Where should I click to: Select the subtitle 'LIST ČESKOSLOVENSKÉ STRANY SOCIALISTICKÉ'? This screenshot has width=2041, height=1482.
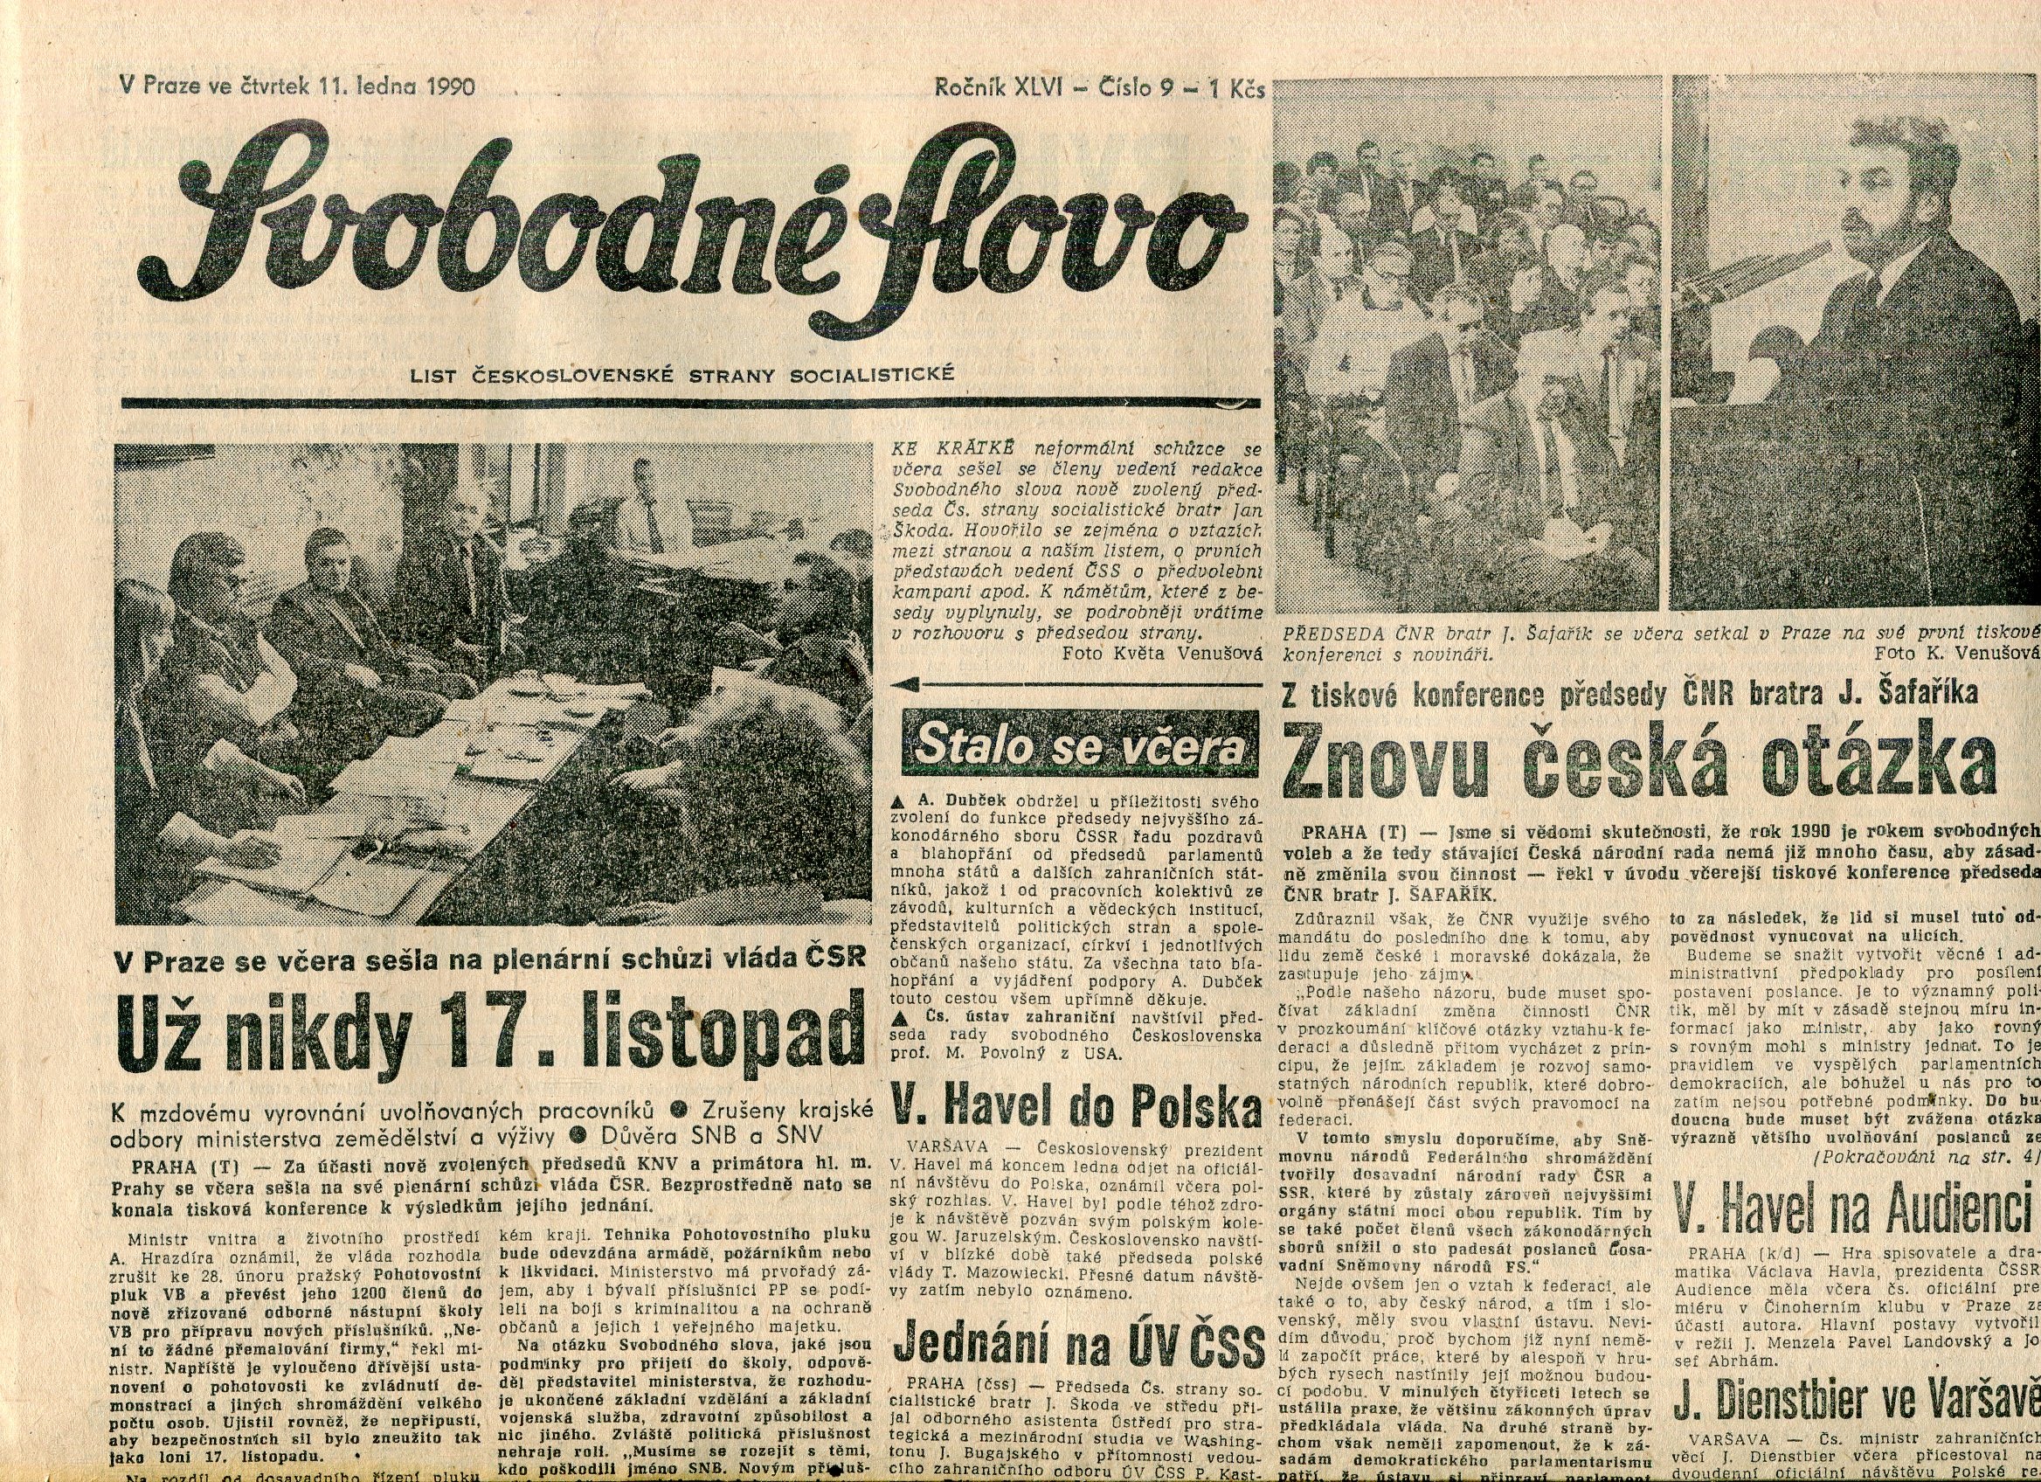(x=681, y=374)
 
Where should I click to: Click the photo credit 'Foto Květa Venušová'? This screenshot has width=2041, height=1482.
(x=1162, y=654)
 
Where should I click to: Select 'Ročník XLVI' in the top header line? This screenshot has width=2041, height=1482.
(x=999, y=88)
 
